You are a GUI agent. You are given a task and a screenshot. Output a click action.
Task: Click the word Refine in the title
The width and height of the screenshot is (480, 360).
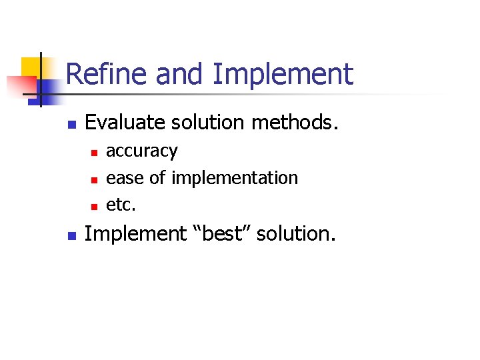click(x=107, y=74)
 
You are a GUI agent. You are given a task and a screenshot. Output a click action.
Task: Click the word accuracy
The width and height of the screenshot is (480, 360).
click(x=142, y=152)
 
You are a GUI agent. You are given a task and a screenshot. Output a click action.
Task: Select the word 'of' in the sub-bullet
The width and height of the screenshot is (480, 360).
click(x=157, y=178)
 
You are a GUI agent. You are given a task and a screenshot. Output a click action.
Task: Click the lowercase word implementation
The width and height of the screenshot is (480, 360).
click(x=235, y=178)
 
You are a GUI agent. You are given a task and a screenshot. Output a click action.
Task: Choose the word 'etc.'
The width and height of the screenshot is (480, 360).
click(x=121, y=205)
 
